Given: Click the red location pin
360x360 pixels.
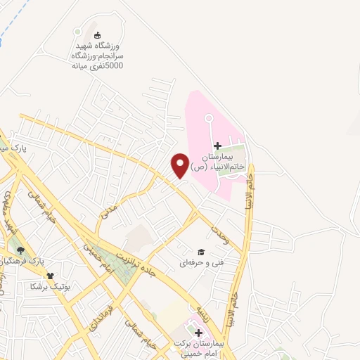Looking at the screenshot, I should (x=180, y=165).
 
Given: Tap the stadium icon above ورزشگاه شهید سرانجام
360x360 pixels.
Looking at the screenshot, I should (x=97, y=35).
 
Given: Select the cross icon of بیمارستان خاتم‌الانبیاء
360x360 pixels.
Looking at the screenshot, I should (x=217, y=145).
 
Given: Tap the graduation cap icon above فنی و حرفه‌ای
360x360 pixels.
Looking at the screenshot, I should (x=200, y=252).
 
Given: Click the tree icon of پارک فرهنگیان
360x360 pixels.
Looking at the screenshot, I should (x=20, y=250).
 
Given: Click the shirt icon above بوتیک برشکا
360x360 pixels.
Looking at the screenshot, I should (x=50, y=276).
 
